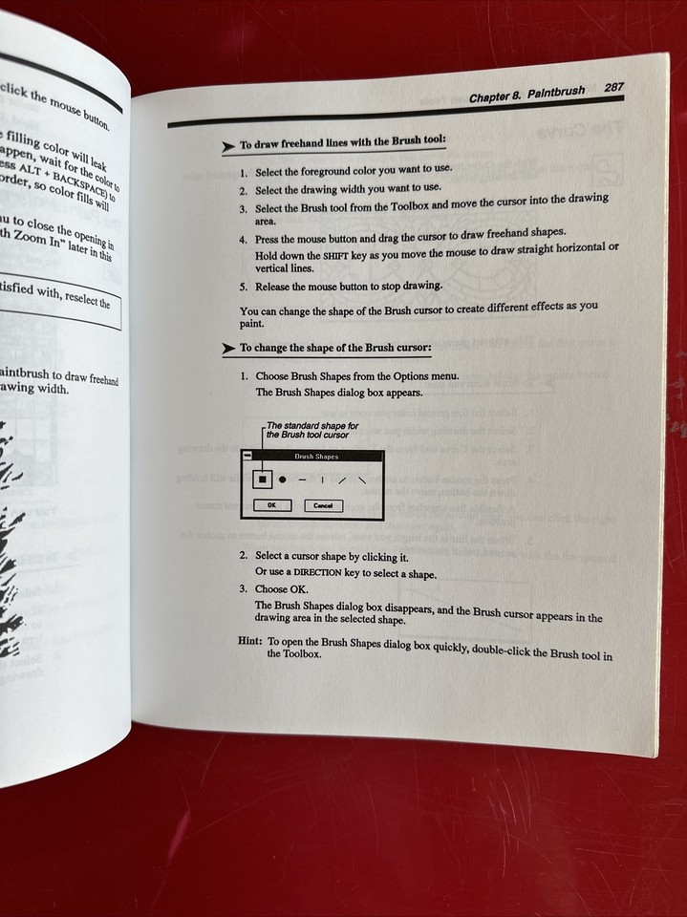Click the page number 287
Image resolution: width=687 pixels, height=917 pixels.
point(614,87)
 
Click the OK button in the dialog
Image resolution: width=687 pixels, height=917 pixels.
point(271,505)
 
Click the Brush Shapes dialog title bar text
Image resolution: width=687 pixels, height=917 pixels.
point(315,458)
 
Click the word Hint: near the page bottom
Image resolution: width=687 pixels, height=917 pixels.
point(250,641)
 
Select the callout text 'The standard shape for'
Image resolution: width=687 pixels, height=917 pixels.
point(312,425)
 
